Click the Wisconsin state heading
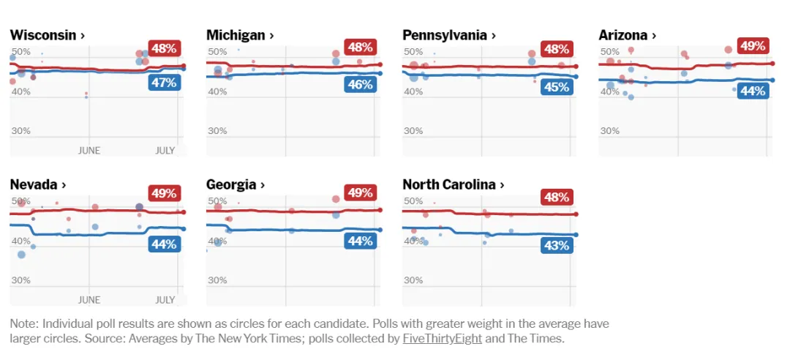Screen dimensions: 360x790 tap(47, 34)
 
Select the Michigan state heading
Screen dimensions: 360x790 tap(240, 34)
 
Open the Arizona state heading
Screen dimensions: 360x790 tap(627, 34)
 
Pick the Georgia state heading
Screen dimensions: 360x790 tap(236, 184)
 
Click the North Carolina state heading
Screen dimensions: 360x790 tap(453, 184)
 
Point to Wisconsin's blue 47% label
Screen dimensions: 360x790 tap(164, 83)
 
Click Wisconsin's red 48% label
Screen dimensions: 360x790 tap(164, 48)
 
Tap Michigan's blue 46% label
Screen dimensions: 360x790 tap(360, 84)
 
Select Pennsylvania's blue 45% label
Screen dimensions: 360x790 tap(556, 87)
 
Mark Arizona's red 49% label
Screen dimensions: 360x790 tap(753, 46)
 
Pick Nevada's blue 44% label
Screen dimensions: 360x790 tap(164, 244)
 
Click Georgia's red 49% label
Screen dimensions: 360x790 tap(360, 193)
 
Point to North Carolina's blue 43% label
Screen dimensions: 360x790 tap(556, 245)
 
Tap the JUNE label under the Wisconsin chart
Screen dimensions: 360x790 tap(89, 150)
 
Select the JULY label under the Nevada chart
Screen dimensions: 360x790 tap(165, 299)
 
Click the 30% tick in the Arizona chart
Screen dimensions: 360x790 tap(609, 130)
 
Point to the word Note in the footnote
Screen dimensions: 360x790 tap(23, 323)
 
